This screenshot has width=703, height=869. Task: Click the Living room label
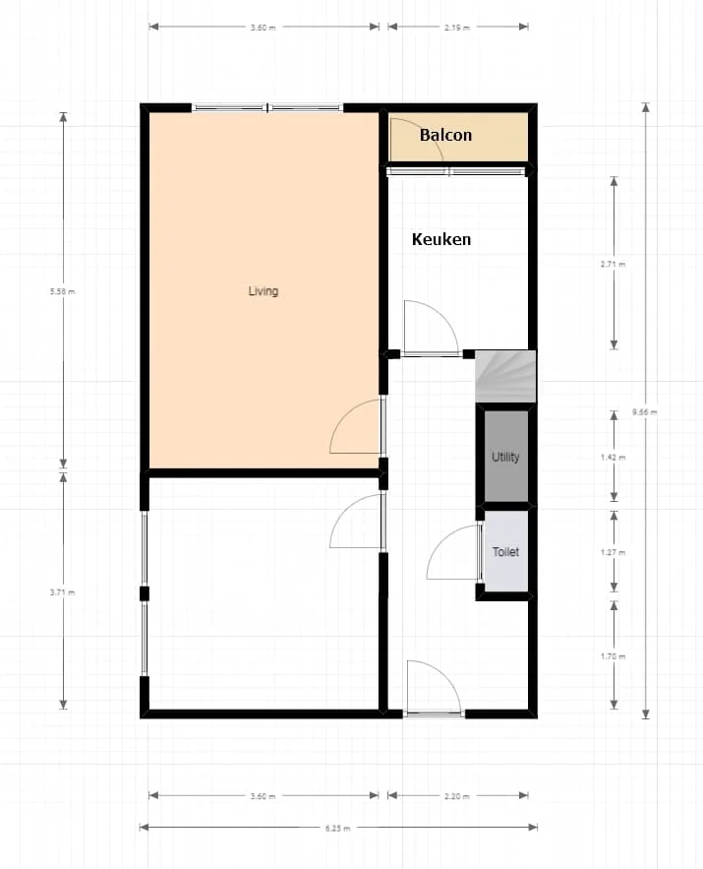tap(263, 291)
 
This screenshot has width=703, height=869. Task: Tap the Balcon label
tap(445, 135)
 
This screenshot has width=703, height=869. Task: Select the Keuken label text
tap(440, 239)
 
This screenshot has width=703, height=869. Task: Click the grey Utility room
tap(506, 457)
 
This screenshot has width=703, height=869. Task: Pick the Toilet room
tap(506, 552)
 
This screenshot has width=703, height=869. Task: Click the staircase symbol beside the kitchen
tap(505, 376)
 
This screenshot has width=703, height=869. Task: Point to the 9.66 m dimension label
tap(645, 411)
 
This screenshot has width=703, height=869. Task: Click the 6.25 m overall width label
tap(338, 829)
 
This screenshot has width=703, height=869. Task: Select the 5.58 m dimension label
tap(64, 291)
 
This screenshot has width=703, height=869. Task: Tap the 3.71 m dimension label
tap(64, 592)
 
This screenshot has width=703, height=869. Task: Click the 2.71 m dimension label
tap(614, 264)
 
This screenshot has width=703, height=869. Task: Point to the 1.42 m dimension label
tap(614, 458)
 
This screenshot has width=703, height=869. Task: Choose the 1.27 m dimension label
tap(614, 553)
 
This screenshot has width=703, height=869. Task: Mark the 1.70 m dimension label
tap(614, 655)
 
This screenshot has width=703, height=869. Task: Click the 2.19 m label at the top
tap(457, 28)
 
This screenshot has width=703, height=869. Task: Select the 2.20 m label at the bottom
tap(457, 796)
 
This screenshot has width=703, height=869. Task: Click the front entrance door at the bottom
tap(434, 689)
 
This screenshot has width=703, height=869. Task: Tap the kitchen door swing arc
tap(431, 328)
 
